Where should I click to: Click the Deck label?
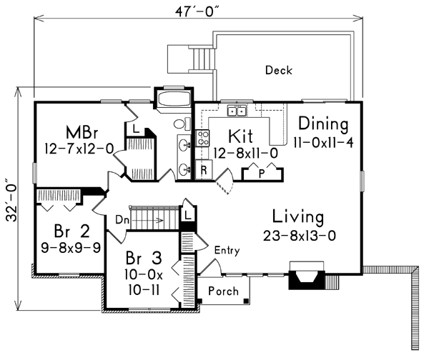(x=279, y=70)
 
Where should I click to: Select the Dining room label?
(x=323, y=122)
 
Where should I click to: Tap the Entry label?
(x=227, y=251)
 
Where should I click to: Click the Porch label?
(x=223, y=291)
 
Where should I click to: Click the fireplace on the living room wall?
(x=307, y=276)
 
